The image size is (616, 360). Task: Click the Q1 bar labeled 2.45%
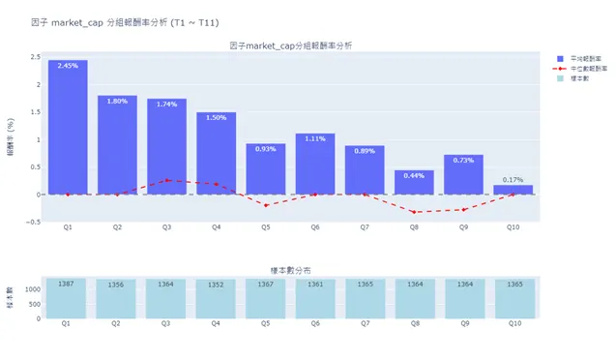[68, 126]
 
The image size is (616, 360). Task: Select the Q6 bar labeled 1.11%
[315, 165]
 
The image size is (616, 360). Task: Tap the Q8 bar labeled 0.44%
[414, 183]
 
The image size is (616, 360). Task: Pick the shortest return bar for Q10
[513, 190]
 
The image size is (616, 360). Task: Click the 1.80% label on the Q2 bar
[117, 102]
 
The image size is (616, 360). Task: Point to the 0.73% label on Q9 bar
[463, 160]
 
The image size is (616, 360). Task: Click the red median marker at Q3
[167, 180]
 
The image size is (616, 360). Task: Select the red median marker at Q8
[414, 212]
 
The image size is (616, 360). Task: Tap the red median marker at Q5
[266, 205]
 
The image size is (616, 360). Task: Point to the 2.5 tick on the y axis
[36, 57]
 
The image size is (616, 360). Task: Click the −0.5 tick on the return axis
[34, 222]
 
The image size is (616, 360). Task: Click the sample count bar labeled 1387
[68, 299]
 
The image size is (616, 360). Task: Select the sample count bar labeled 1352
[216, 300]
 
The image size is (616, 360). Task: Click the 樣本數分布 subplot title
[291, 268]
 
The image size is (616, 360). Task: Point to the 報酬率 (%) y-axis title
[11, 138]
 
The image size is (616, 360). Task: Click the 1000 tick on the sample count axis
[32, 289]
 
